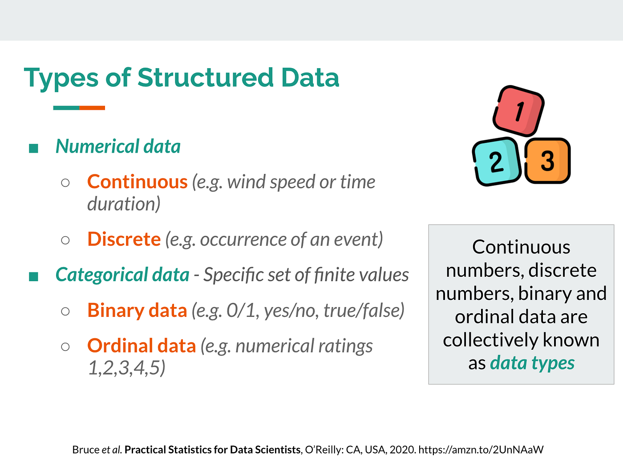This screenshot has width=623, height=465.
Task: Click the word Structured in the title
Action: tap(205, 78)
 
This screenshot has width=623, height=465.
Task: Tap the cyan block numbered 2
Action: tap(496, 162)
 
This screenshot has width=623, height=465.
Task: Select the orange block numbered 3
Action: tap(547, 161)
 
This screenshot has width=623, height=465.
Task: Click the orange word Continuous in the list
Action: tap(137, 182)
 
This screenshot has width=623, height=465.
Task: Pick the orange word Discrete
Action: tap(124, 239)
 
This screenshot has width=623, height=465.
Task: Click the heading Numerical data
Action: tap(118, 146)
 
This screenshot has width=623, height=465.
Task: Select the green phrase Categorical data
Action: tap(122, 275)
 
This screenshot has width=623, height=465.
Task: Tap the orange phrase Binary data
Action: tap(137, 310)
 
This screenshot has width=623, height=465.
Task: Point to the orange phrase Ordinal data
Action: tap(142, 346)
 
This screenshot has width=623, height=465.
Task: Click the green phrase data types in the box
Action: tap(532, 363)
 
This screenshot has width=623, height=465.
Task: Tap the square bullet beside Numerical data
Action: tap(33, 148)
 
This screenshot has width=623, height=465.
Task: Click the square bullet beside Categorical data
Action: tap(33, 277)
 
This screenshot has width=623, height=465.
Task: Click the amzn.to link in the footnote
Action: tap(481, 450)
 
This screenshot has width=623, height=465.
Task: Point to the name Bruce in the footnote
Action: tap(85, 450)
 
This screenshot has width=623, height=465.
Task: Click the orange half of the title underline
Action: tap(92, 108)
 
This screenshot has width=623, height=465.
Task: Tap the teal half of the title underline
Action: tap(66, 108)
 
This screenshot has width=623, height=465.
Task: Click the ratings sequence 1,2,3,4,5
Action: tap(126, 368)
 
